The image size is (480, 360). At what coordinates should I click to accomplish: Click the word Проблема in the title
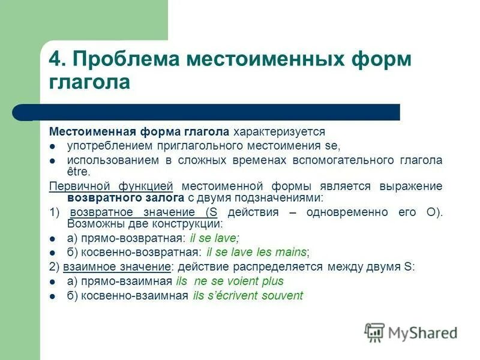[125, 60]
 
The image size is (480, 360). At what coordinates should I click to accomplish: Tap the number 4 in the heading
[55, 60]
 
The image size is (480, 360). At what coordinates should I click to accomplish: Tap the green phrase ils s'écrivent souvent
[248, 295]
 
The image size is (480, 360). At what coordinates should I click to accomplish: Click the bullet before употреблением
[53, 146]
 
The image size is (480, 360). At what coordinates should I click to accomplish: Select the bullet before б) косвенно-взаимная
[53, 296]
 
